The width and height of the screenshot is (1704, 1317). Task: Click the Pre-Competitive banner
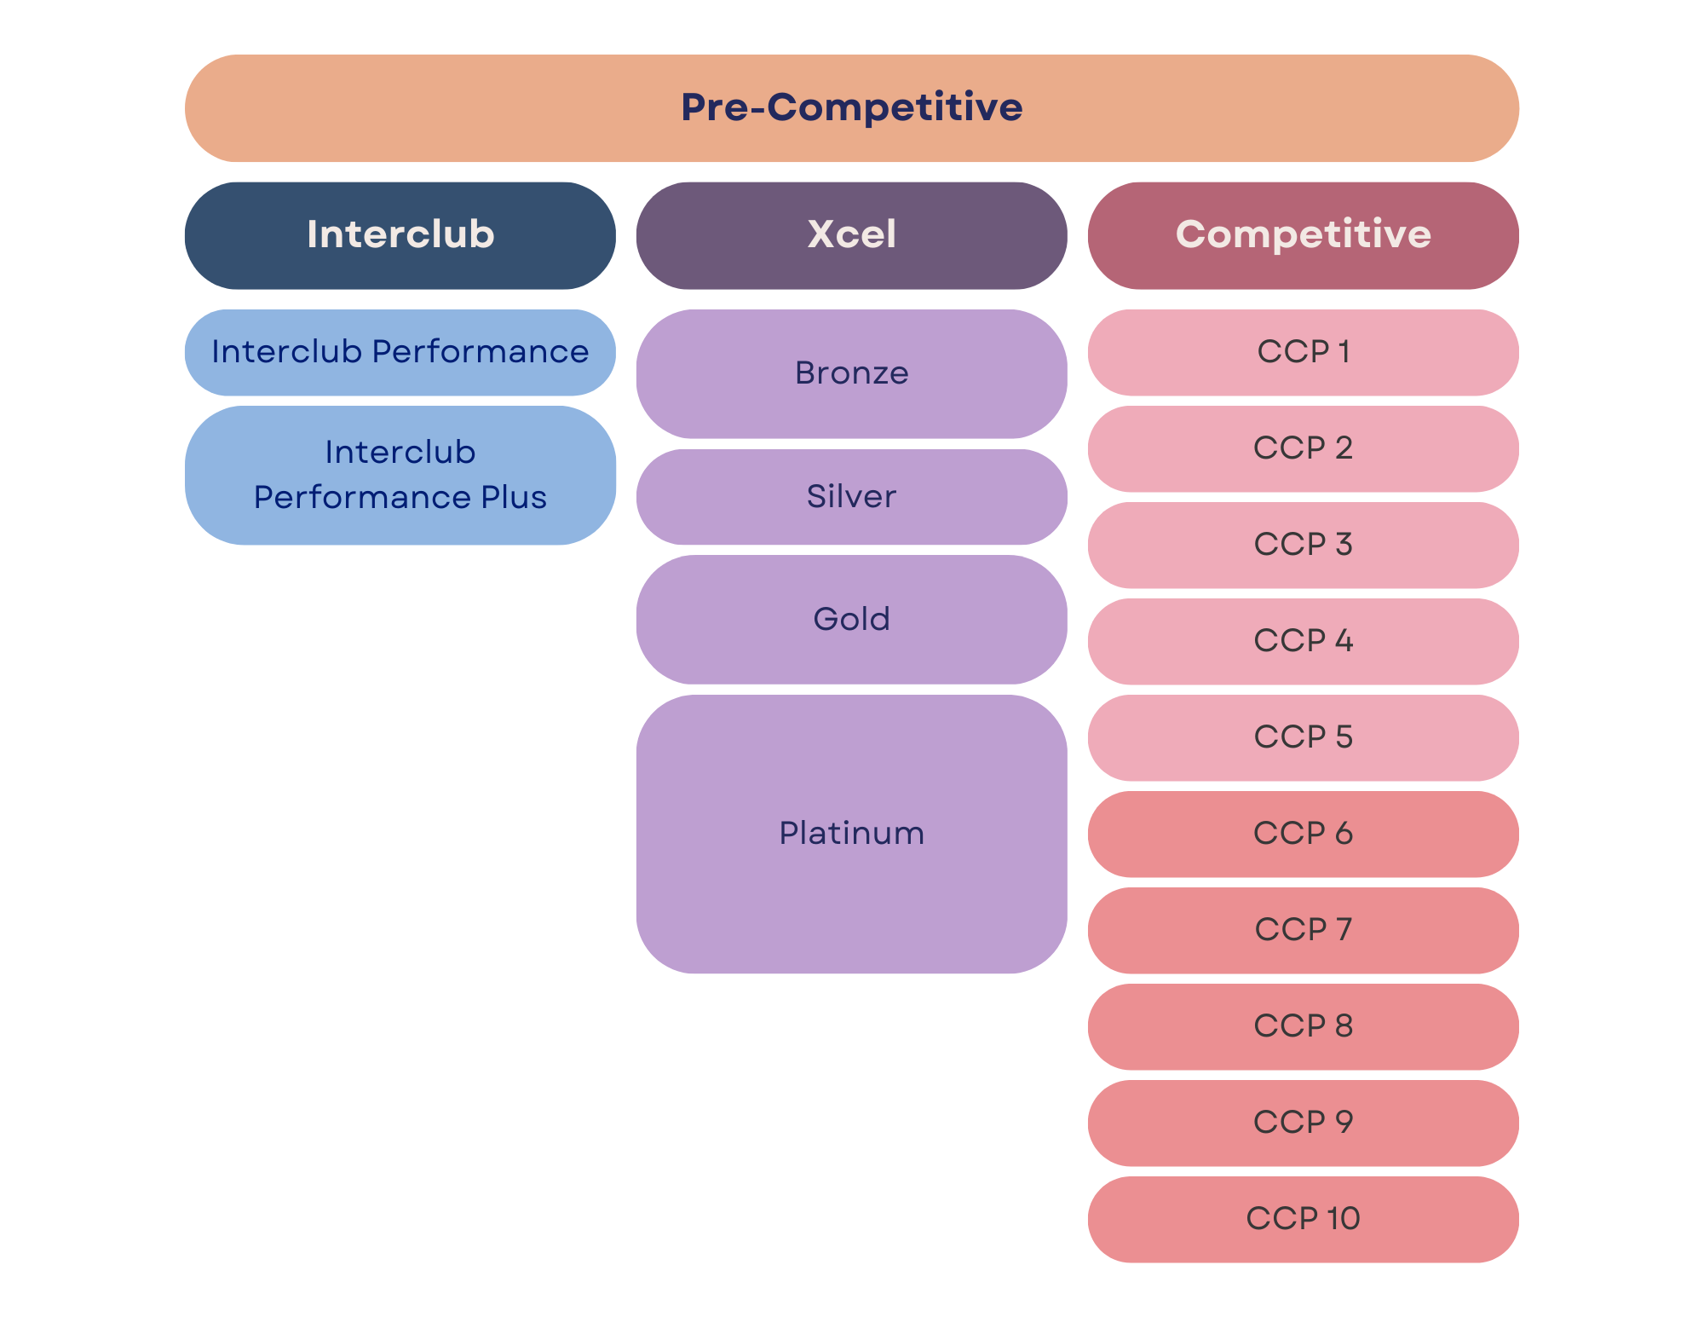(x=852, y=108)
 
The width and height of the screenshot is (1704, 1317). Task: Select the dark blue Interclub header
(x=400, y=235)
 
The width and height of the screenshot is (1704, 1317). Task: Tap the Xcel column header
(x=852, y=235)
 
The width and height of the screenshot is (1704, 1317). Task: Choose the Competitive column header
(x=1304, y=235)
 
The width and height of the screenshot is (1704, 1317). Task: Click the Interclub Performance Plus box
(x=400, y=475)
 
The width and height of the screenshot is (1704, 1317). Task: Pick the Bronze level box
(x=852, y=373)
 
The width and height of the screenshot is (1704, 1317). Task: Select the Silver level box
(x=852, y=497)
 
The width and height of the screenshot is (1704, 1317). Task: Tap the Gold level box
(x=852, y=620)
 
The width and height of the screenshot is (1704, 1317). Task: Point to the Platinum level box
(x=852, y=834)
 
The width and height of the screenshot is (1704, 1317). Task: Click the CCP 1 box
(x=1304, y=352)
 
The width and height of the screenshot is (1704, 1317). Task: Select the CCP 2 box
(x=1304, y=448)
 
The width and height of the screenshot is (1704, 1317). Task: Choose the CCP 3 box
(x=1304, y=545)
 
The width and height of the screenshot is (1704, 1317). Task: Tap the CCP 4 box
(x=1304, y=641)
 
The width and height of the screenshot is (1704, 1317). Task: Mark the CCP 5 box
(x=1304, y=737)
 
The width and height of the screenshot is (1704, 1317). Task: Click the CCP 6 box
(x=1304, y=834)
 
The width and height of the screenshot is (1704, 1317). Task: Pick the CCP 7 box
(x=1304, y=930)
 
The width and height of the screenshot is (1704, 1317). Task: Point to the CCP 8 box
(x=1304, y=1026)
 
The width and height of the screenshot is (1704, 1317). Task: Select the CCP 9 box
(x=1304, y=1123)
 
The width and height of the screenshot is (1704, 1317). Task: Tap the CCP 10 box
(x=1304, y=1219)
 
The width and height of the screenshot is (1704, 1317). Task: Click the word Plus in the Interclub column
(x=514, y=497)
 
